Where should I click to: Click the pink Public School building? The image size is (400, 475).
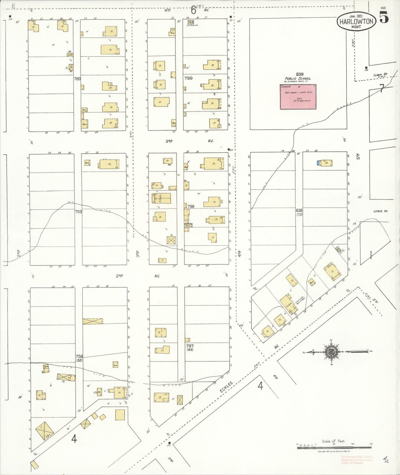pos(298,97)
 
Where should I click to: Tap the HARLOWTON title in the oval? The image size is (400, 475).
pos(357,21)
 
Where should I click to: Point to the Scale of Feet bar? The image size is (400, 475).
pos(334,447)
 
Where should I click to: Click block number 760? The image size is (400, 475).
pos(77,79)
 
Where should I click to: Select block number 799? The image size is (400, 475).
pos(188,78)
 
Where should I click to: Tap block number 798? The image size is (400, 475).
pos(191,206)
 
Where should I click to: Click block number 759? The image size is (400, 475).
pos(78,211)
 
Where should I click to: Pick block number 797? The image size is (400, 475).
pos(190,346)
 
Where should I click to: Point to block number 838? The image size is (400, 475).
pos(299,210)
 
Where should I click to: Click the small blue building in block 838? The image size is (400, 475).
pos(319,163)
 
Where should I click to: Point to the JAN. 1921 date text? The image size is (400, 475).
pos(356,16)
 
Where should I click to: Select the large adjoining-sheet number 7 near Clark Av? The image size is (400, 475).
pos(381,89)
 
